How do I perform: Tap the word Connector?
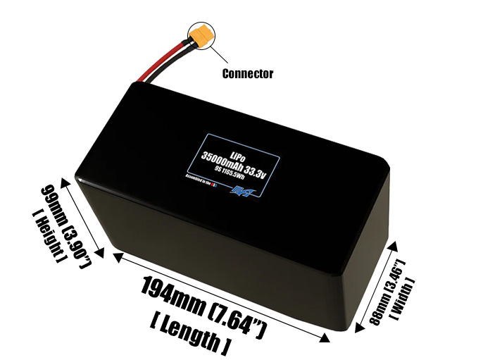click(x=248, y=73)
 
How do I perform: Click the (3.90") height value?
click(x=78, y=242)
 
